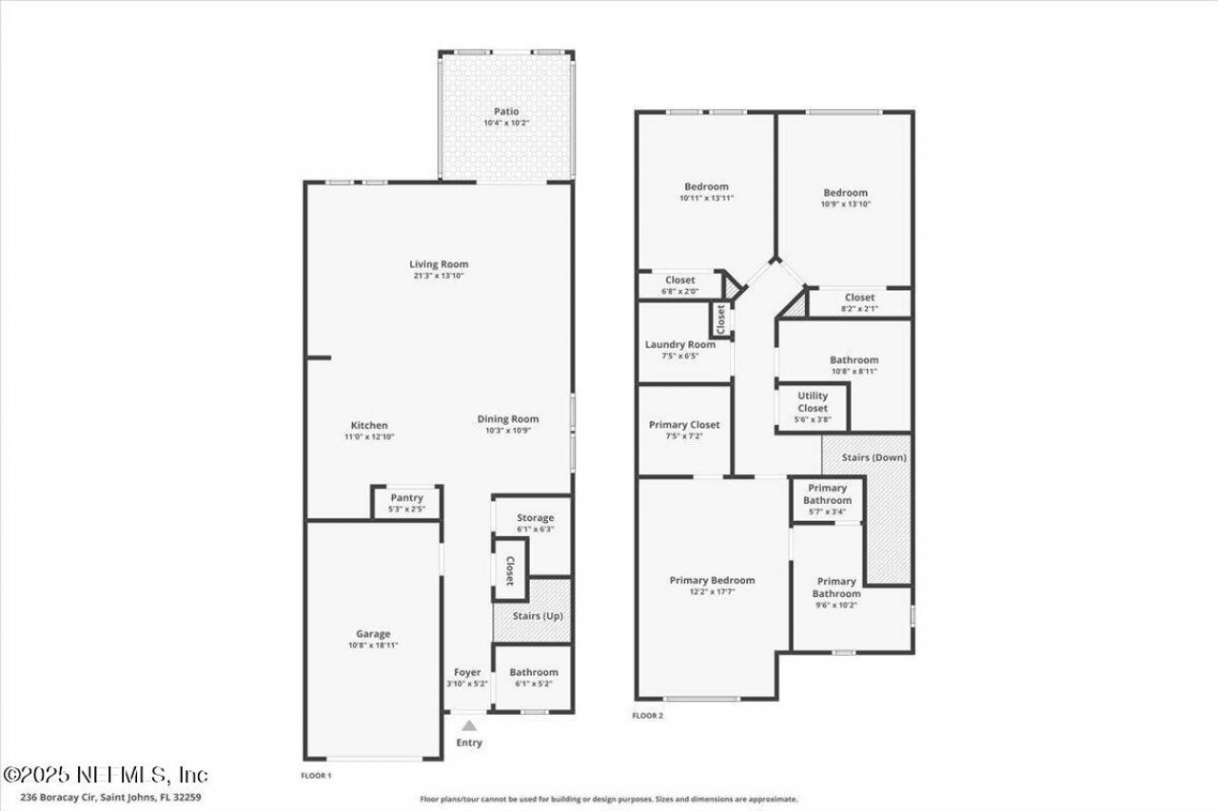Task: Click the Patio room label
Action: pos(506,111)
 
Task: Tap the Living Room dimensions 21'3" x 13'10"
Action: pos(439,276)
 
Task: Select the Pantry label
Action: pos(406,498)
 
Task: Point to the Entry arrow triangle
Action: pos(469,726)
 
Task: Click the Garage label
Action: pos(373,634)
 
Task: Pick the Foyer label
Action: pos(467,672)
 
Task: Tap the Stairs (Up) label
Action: pos(538,616)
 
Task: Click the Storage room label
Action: pos(536,517)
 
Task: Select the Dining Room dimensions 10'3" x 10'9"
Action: pos(508,431)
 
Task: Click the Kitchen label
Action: pos(369,425)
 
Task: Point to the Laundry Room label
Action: pos(680,344)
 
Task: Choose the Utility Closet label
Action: pos(813,402)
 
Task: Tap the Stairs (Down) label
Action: pos(874,458)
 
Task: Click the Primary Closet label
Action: pos(684,425)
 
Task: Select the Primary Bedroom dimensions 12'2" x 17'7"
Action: pos(713,591)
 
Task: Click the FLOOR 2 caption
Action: pos(648,716)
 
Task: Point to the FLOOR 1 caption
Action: pos(316,776)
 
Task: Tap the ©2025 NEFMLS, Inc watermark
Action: pos(106,775)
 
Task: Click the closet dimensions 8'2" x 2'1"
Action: pos(859,309)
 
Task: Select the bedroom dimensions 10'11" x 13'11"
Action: pos(706,199)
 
